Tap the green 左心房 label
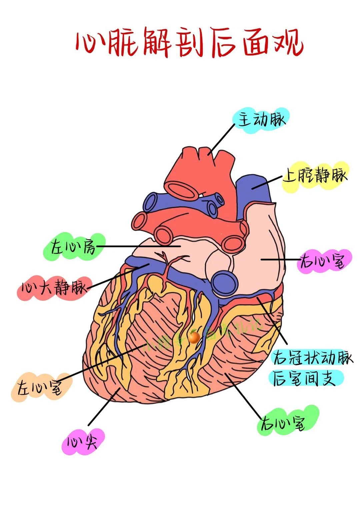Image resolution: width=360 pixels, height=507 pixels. tap(73, 247)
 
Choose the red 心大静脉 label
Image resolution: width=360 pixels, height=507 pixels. tap(53, 287)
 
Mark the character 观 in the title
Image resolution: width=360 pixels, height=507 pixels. tap(288, 43)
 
